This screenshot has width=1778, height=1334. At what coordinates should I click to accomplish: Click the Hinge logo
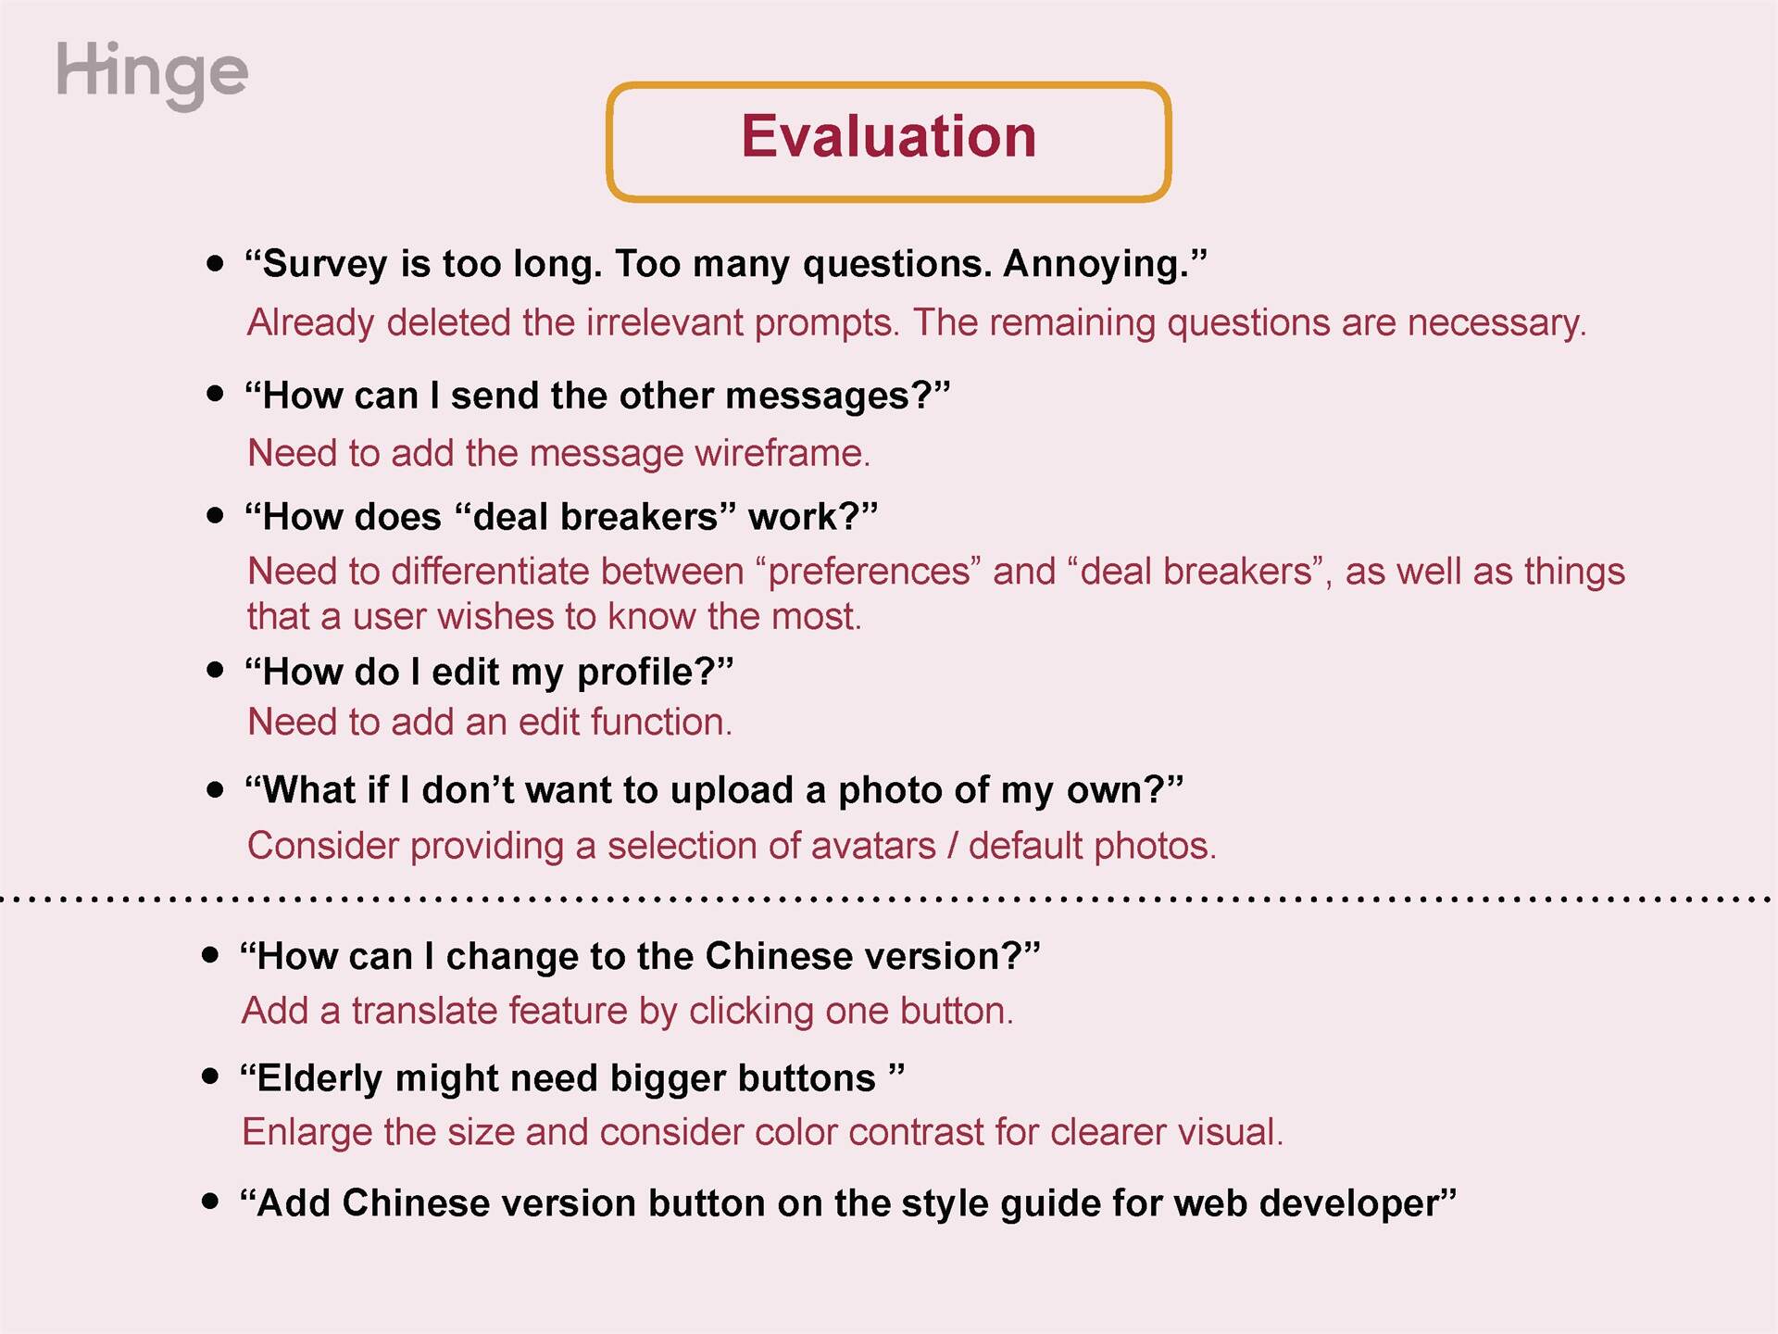pyautogui.click(x=152, y=74)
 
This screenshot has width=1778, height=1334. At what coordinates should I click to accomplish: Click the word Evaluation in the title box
pyautogui.click(x=888, y=137)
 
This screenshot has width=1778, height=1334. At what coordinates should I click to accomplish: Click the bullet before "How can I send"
pyautogui.click(x=215, y=394)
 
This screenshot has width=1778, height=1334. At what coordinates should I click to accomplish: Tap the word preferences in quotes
pyautogui.click(x=869, y=572)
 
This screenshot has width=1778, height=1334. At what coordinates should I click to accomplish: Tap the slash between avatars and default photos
pyautogui.click(x=952, y=846)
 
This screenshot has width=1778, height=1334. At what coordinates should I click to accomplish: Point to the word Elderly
pyautogui.click(x=319, y=1079)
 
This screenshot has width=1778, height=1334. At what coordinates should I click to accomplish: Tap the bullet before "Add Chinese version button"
pyautogui.click(x=210, y=1202)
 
